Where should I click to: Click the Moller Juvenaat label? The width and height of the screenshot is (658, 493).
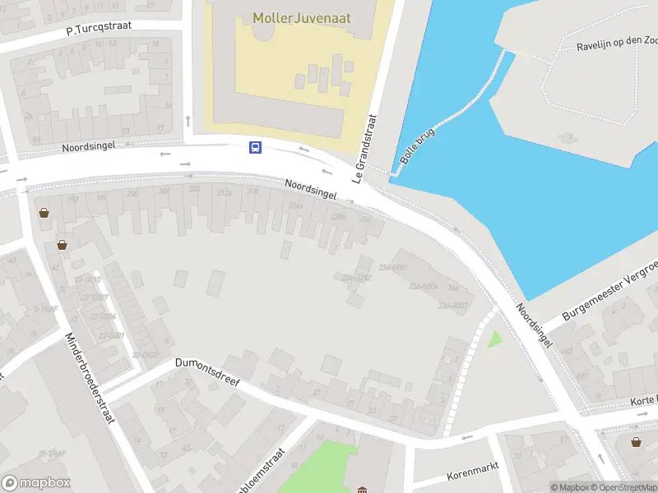tap(301, 18)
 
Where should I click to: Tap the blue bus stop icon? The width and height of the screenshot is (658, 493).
tap(256, 148)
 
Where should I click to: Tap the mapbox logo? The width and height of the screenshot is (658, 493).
tap(36, 483)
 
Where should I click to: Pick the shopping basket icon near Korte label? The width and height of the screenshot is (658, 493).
tap(636, 441)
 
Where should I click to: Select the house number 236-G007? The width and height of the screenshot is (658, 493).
tap(452, 305)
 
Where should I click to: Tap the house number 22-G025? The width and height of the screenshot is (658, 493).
tap(146, 354)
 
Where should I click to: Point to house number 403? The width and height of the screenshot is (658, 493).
tap(566, 351)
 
